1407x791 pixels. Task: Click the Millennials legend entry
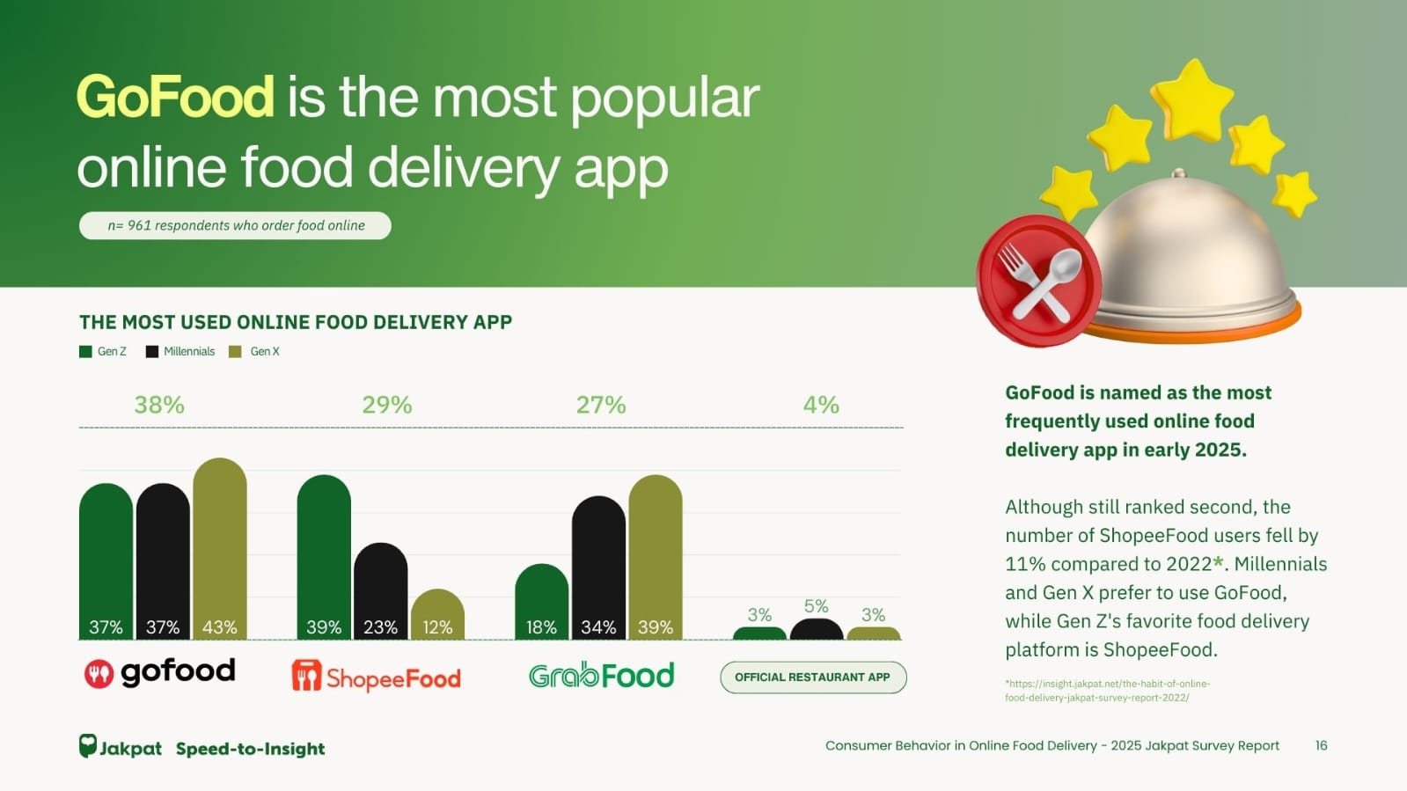pos(180,351)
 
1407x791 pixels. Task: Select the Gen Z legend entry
pos(103,351)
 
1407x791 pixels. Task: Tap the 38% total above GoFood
pos(159,405)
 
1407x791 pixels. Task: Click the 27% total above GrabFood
pos(601,405)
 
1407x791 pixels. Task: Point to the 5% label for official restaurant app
pos(816,606)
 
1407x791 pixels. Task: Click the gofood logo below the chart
pos(159,673)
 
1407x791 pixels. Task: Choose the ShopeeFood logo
pos(376,676)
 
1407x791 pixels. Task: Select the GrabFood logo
pos(601,675)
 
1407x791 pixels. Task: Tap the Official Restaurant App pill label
pos(812,677)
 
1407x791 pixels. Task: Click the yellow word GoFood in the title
pos(175,97)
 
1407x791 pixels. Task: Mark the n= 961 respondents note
pos(235,225)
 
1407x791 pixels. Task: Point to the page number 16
pos(1321,745)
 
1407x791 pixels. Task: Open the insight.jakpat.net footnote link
pos(1107,690)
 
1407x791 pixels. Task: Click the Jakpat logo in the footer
pos(121,748)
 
